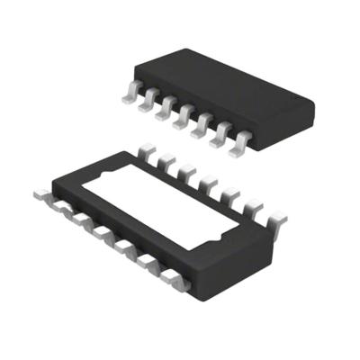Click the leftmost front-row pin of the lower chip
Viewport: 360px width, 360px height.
pos(40,192)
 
